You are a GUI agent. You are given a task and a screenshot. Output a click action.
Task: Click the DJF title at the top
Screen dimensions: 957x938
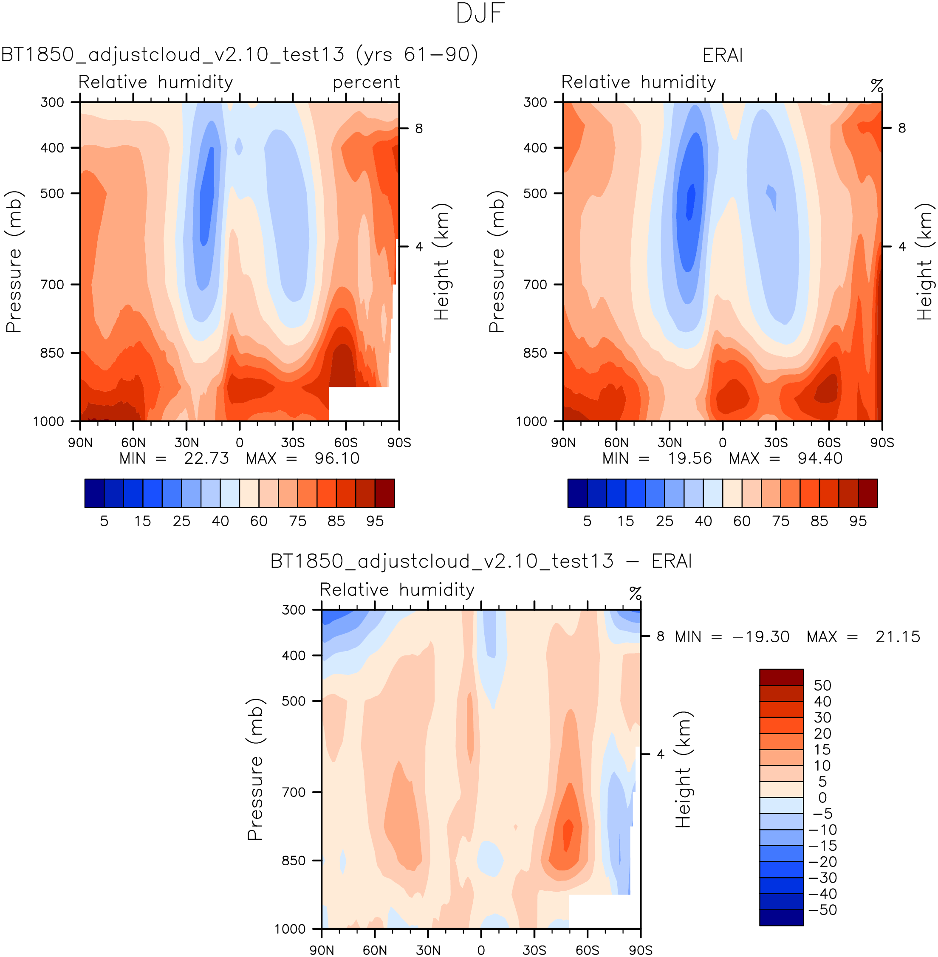480,14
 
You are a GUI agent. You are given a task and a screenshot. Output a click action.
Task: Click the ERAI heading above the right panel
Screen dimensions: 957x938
722,55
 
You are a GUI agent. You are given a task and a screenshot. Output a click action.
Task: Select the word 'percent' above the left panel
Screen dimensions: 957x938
366,82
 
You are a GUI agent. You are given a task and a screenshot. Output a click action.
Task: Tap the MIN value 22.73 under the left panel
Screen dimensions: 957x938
206,459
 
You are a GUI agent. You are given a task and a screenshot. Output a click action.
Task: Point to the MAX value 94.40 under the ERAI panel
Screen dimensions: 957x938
820,459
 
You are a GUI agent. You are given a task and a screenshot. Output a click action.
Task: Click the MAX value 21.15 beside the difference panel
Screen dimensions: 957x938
898,637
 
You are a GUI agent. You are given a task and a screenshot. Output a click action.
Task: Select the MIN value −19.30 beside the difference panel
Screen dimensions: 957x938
761,637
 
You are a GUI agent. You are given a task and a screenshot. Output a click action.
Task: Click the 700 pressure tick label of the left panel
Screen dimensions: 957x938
52,285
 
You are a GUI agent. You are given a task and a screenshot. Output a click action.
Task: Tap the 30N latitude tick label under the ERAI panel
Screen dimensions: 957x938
670,442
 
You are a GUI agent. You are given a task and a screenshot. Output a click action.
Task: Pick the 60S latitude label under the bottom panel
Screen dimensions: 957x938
587,950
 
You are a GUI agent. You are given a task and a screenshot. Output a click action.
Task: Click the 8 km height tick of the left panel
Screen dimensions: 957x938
419,129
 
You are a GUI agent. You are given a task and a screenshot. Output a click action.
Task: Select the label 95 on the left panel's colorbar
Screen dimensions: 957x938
375,521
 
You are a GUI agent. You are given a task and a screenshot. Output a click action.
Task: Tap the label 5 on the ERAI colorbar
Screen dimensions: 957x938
587,521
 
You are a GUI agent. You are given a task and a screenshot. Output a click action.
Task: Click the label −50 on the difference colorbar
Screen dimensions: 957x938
822,910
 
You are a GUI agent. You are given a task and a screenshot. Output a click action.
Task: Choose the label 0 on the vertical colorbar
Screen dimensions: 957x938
822,797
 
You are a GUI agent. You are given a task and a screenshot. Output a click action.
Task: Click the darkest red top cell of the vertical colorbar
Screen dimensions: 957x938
781,677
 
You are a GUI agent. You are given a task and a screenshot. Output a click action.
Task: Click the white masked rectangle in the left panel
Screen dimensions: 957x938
363,404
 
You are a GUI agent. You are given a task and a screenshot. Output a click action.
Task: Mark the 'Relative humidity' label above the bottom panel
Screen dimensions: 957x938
397,590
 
